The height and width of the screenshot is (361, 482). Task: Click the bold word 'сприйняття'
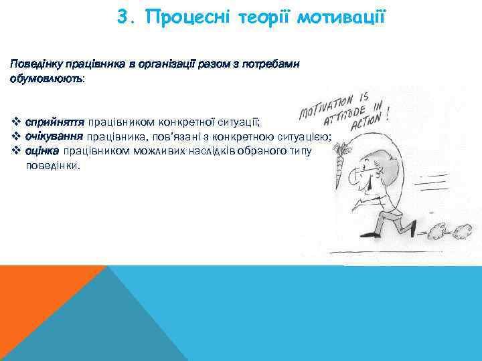(54, 122)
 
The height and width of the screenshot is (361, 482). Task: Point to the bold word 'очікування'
(54, 136)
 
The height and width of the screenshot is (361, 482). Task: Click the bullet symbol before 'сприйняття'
(16, 122)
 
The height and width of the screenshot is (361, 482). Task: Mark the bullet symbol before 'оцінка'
(16, 150)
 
